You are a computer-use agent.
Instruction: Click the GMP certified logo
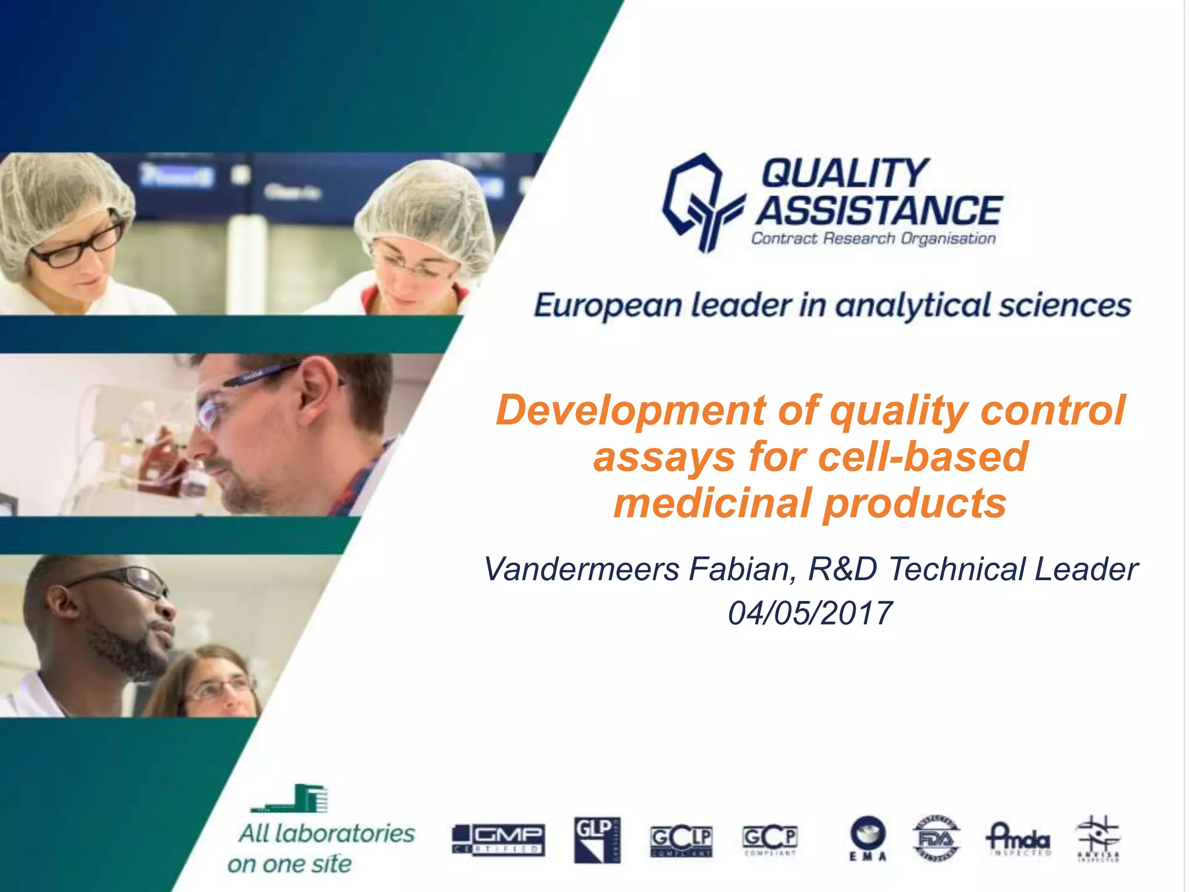(498, 840)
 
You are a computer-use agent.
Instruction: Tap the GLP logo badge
(597, 840)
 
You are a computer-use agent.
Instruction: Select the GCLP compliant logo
(681, 841)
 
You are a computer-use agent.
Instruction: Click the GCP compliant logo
(770, 840)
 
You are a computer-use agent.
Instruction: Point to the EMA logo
(868, 839)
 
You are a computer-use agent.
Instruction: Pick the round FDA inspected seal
(936, 839)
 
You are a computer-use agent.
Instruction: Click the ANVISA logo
(1098, 839)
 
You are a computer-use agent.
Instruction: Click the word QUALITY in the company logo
(845, 173)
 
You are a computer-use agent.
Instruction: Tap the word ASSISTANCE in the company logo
(879, 210)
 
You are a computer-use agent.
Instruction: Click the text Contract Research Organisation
(873, 239)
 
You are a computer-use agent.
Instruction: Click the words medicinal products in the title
(810, 503)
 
